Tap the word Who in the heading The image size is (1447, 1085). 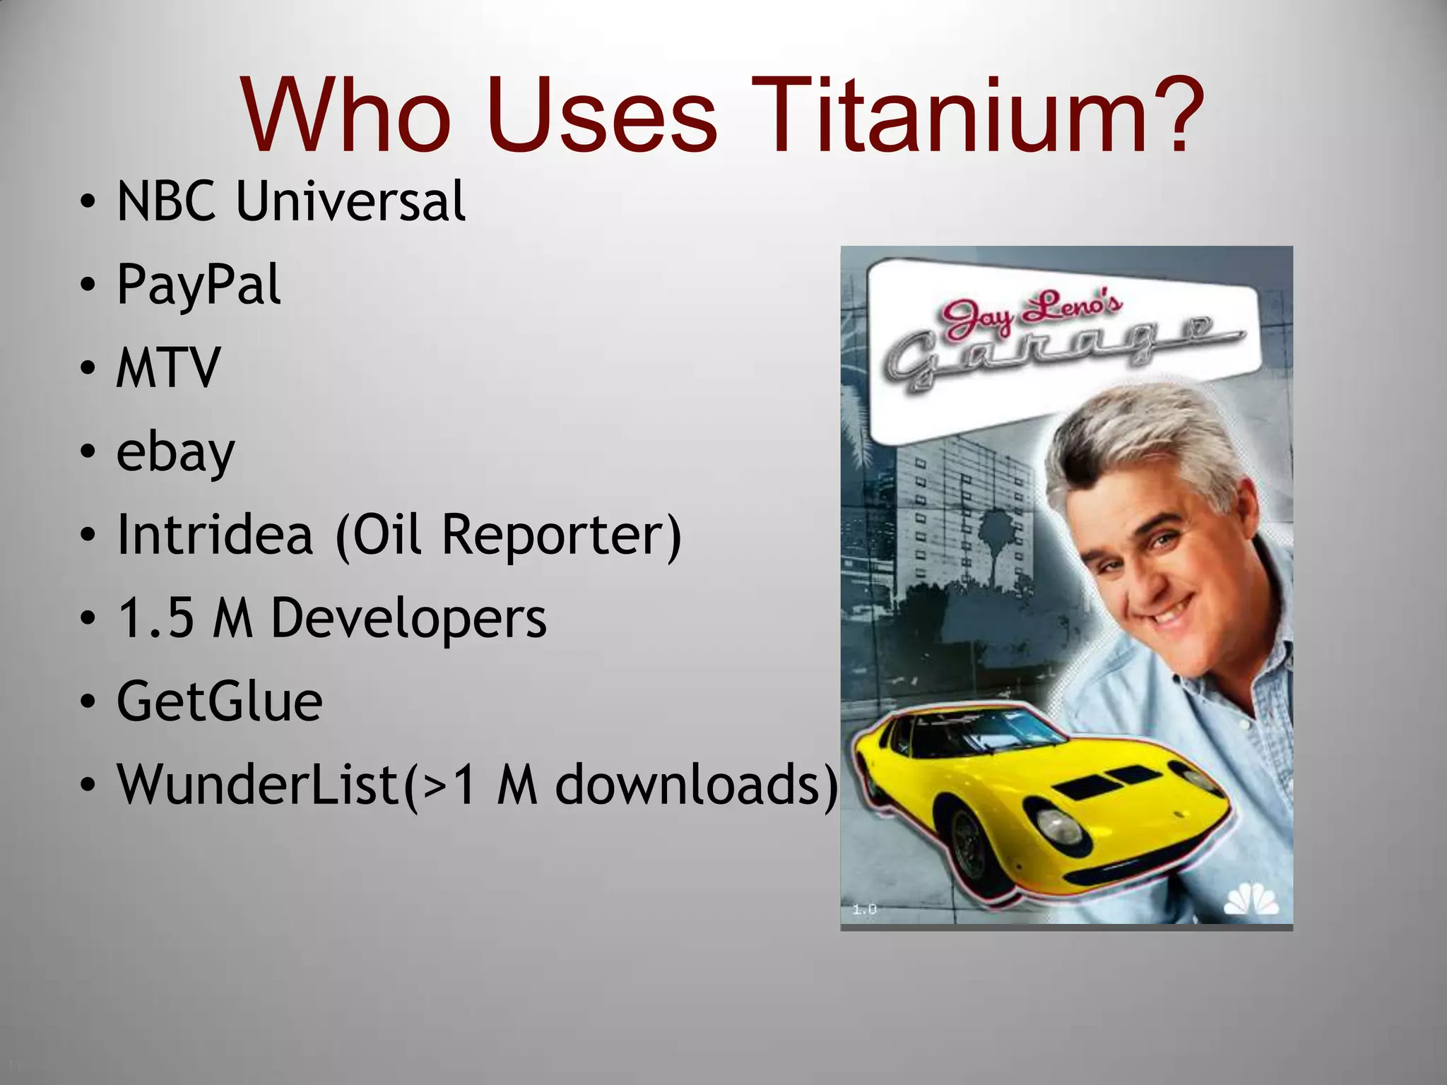(346, 115)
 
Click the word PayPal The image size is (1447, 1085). (199, 285)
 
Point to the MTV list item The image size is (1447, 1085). (169, 368)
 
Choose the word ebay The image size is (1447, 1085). (175, 452)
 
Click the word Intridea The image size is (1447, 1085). (215, 535)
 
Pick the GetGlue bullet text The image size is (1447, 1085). (219, 701)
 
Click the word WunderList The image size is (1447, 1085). (260, 785)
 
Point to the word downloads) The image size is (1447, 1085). (697, 785)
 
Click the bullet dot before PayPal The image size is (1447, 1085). (87, 285)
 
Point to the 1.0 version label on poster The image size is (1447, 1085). (864, 910)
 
